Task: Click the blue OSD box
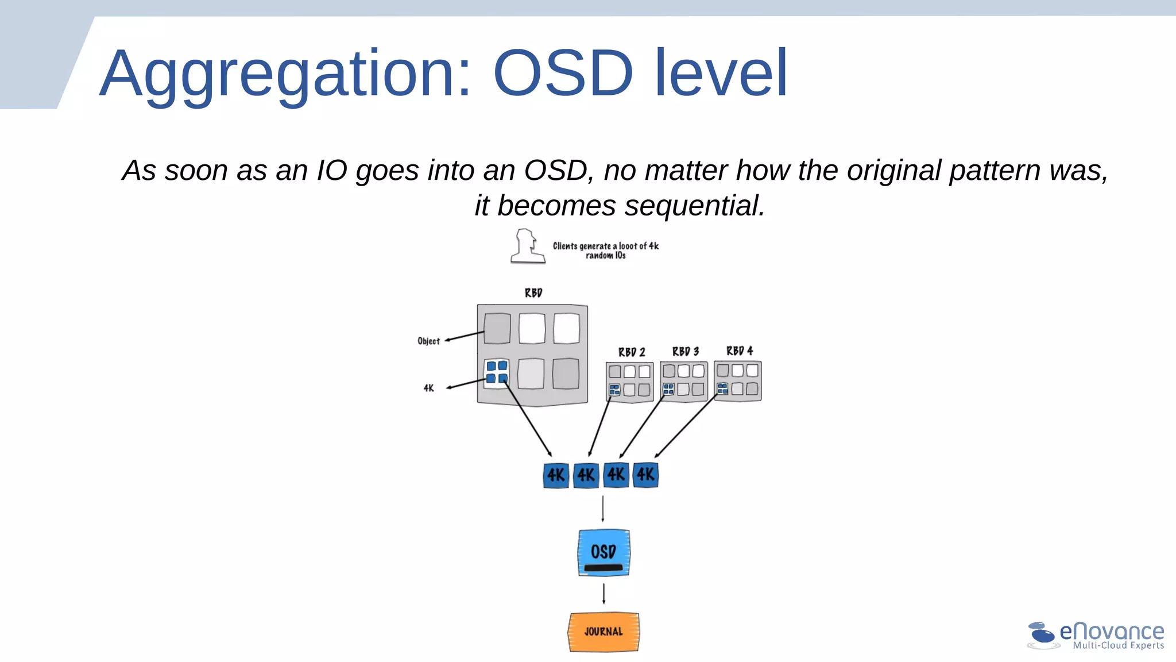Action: [604, 552]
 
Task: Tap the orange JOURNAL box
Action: [604, 632]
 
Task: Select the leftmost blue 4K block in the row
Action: [556, 475]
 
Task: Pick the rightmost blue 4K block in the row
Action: [645, 475]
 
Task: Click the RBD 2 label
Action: [632, 352]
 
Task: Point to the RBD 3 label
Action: [686, 351]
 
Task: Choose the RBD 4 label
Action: [740, 351]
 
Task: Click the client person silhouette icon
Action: [527, 247]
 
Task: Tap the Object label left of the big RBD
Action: [428, 341]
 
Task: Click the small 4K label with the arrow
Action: [428, 388]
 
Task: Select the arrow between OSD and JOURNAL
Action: [604, 594]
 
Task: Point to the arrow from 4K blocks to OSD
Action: [602, 509]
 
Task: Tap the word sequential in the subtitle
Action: [695, 206]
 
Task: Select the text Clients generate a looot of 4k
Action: [605, 246]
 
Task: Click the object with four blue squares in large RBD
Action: [497, 372]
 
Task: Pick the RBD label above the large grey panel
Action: [533, 292]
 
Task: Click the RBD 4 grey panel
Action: [738, 380]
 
